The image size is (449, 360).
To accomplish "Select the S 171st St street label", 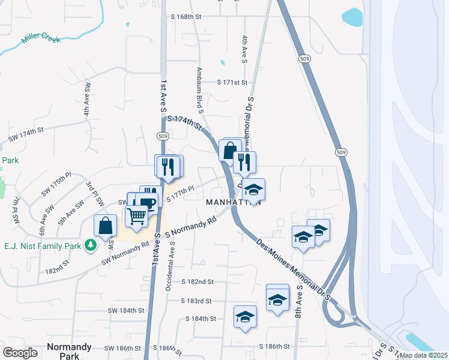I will [232, 82].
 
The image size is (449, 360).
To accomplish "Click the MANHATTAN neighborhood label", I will [234, 202].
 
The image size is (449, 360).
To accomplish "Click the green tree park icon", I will [91, 245].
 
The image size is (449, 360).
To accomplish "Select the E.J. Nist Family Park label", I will [43, 245].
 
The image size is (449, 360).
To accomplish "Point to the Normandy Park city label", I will [70, 351].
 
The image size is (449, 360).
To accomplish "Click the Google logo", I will [20, 353].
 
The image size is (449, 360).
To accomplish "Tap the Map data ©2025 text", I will [423, 355].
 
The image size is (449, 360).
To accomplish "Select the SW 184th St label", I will [127, 310].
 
